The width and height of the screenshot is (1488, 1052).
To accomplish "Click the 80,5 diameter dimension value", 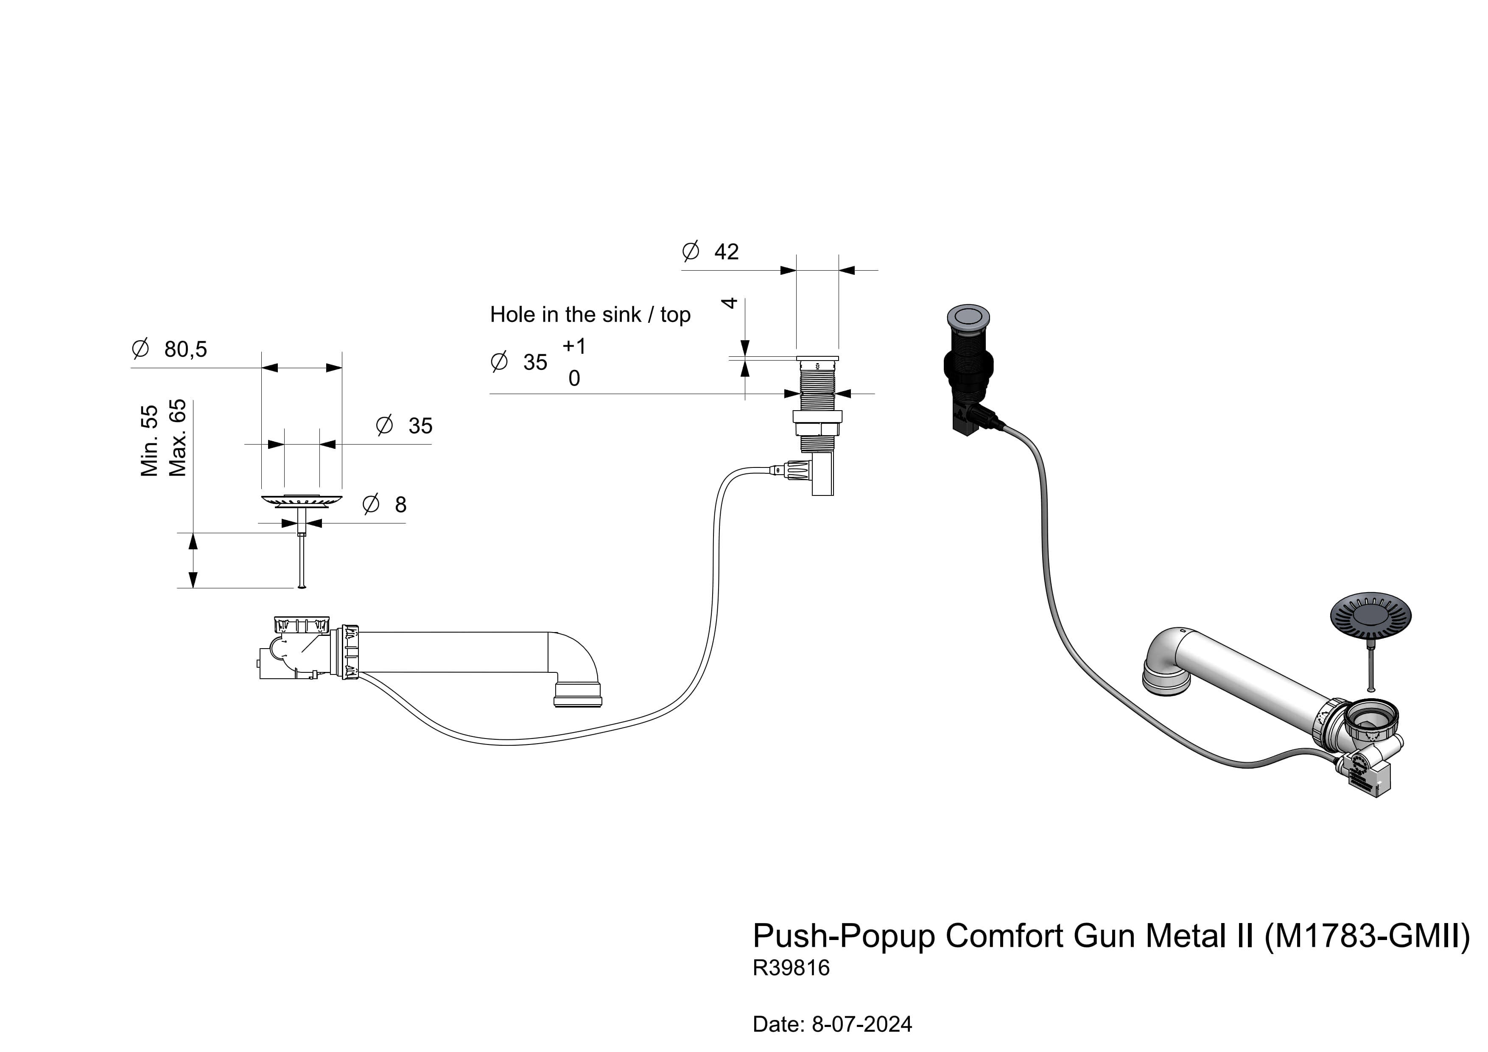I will pyautogui.click(x=185, y=350).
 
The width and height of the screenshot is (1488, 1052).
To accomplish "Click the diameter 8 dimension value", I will pyautogui.click(x=400, y=504).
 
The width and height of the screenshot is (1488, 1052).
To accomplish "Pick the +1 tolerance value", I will pyautogui.click(x=574, y=346).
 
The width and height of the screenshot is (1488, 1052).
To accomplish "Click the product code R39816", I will pyautogui.click(x=791, y=968).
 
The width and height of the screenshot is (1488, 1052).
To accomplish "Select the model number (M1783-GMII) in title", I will pyautogui.click(x=1367, y=936).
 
